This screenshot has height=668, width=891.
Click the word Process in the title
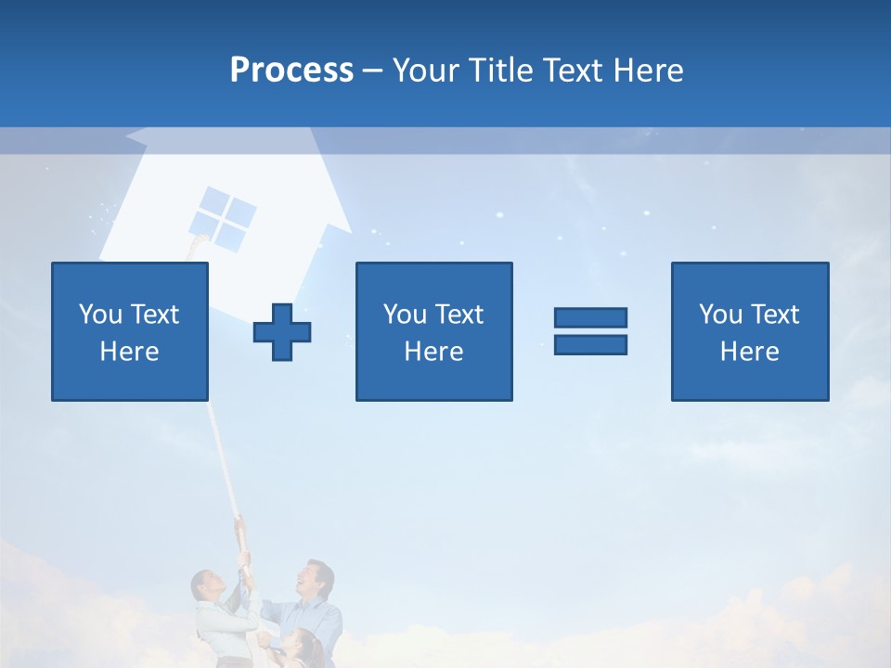coord(291,71)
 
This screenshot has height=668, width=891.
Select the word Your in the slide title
coord(426,71)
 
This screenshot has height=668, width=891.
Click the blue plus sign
coord(282,331)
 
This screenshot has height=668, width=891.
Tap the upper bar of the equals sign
coord(590,317)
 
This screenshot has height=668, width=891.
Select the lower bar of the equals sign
coord(590,344)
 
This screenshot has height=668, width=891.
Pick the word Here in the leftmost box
coord(129,352)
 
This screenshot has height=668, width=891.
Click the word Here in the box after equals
coord(749,352)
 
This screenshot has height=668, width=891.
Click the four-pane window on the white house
coord(224,217)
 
